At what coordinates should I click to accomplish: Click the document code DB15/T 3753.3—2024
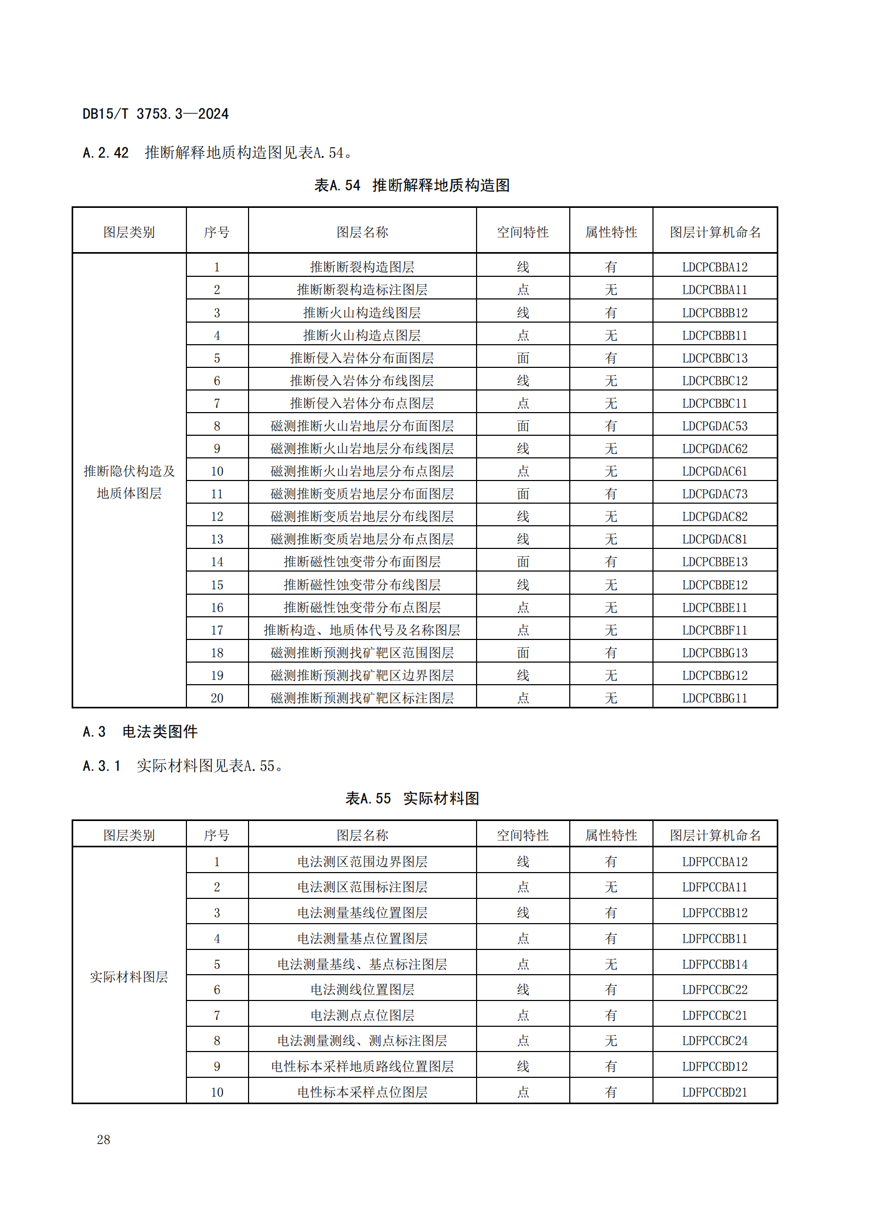pos(155,114)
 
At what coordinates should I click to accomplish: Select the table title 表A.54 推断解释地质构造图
pos(411,185)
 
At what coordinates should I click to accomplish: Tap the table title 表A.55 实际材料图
pos(411,798)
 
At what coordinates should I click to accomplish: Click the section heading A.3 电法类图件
pos(141,732)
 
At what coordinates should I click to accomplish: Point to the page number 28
pos(104,1139)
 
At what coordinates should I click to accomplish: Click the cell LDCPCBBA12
pos(715,267)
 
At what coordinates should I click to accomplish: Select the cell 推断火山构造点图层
pos(362,335)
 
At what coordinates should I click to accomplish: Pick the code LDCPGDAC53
pos(715,426)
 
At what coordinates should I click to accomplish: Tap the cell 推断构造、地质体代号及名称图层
pos(362,630)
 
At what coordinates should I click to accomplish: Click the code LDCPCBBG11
pos(715,698)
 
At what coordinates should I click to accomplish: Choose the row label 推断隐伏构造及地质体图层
pos(129,482)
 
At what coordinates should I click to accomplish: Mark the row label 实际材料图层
pos(129,977)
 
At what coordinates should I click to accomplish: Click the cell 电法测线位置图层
pos(362,989)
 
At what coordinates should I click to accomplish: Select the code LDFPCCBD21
pos(715,1092)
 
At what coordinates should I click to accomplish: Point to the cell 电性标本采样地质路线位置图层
pos(362,1066)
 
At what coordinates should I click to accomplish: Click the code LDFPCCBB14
pos(715,964)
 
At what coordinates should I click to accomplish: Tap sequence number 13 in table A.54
pos(217,539)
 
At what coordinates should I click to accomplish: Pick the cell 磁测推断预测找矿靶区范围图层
pos(362,653)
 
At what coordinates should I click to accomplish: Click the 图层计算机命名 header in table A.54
pos(715,232)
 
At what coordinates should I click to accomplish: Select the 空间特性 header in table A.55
pos(522,835)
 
